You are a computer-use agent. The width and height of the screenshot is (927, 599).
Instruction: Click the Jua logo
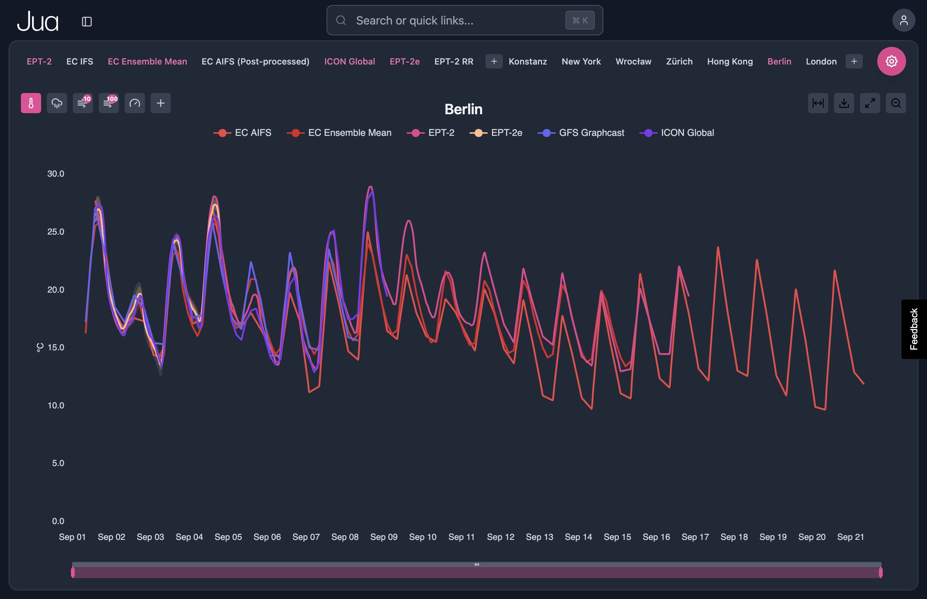tap(38, 21)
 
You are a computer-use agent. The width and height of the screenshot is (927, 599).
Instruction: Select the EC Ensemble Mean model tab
tap(147, 62)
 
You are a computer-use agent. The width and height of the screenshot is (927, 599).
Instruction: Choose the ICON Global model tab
tap(349, 62)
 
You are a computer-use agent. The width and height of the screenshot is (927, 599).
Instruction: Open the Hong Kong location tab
tap(729, 62)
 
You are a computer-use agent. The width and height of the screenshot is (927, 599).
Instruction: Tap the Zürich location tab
tap(679, 62)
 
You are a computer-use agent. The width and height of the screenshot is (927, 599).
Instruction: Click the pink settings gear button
tap(891, 62)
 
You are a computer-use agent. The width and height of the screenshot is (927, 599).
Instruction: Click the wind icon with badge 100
tap(108, 103)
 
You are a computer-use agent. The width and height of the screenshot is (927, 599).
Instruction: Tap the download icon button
tap(844, 103)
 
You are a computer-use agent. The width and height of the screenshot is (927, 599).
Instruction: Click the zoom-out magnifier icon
tap(896, 103)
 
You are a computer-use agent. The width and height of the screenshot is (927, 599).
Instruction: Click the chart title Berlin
tap(463, 109)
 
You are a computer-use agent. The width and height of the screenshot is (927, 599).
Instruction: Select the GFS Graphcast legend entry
tap(581, 133)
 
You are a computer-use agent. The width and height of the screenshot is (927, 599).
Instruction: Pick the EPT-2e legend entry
tap(496, 133)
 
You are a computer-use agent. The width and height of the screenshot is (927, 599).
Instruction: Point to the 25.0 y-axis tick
tap(56, 232)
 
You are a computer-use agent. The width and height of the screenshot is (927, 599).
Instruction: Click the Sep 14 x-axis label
tap(578, 537)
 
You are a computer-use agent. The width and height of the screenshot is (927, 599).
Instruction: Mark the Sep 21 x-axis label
tap(850, 537)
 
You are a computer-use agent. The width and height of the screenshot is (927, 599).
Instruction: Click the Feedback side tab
tap(913, 329)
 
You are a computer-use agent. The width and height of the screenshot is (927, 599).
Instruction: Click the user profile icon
tap(903, 20)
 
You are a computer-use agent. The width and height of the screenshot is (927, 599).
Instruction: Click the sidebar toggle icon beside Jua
tap(87, 21)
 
